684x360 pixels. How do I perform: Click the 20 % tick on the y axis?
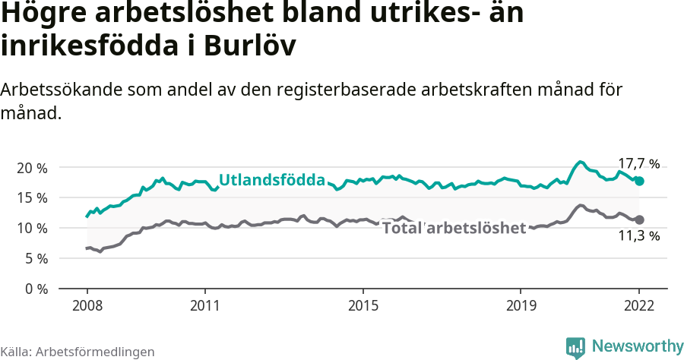31,167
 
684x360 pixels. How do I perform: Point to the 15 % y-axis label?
31,197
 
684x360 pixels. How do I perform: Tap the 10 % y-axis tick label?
31,228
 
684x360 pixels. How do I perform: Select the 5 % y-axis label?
35,258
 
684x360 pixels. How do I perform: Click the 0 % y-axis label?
35,289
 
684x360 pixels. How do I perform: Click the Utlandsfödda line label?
272,180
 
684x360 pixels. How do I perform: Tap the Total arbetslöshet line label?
454,228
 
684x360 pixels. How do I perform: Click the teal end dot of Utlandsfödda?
640,181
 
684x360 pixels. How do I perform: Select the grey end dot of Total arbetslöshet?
640,219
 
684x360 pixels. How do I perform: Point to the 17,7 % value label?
638,163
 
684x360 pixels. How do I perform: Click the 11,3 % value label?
638,236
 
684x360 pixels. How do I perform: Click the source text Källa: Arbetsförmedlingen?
78,352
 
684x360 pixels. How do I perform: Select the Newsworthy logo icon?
575,347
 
